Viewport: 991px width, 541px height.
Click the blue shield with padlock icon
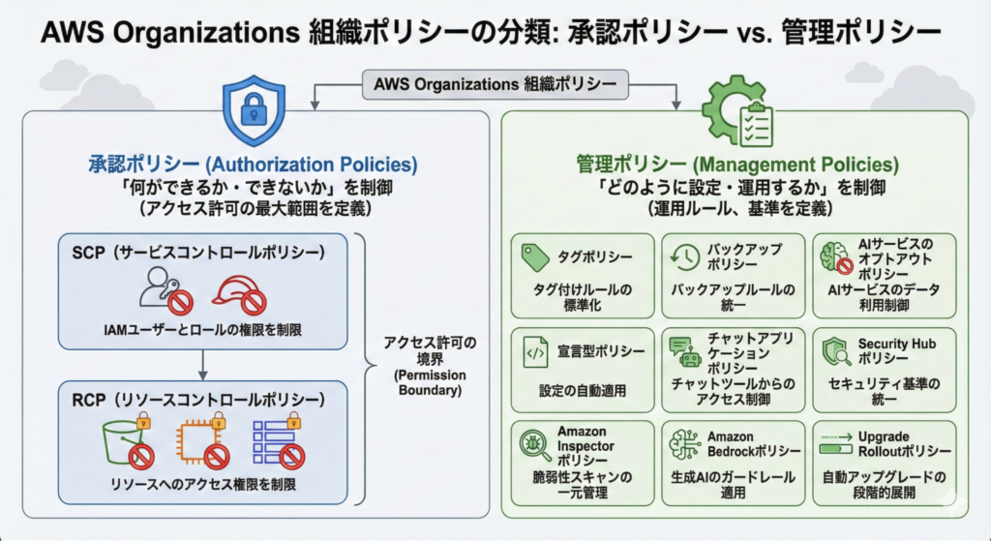coord(254,109)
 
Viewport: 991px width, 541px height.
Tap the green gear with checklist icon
coord(741,112)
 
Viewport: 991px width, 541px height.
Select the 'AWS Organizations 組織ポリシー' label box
coord(495,84)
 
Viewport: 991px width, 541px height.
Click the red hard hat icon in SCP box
coord(236,290)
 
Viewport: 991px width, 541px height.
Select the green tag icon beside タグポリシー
coord(535,256)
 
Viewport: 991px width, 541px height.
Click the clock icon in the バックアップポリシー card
coord(684,256)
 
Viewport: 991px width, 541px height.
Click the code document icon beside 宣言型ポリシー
coord(535,353)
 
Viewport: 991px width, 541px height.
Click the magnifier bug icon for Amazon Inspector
coord(534,446)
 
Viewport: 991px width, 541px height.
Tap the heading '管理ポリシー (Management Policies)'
coord(736,165)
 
